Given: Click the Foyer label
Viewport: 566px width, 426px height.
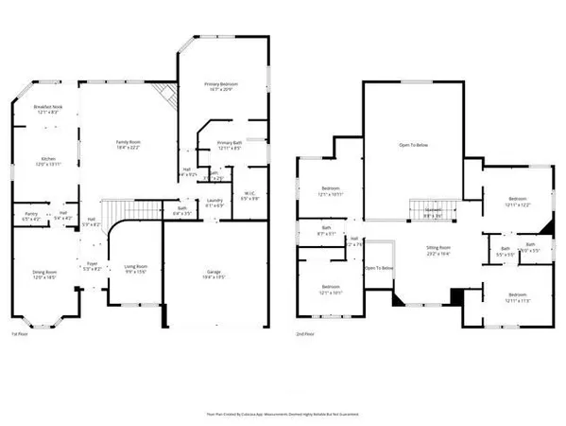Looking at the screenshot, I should [x=93, y=265].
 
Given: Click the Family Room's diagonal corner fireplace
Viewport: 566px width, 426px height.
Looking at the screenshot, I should [x=166, y=95].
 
